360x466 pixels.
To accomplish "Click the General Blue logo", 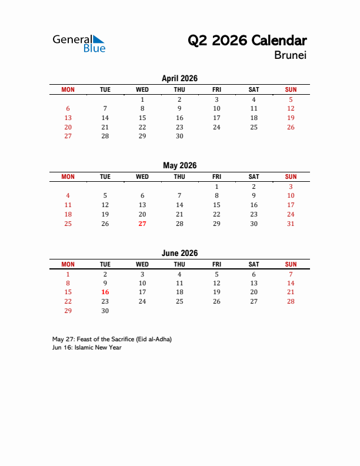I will click(79, 44).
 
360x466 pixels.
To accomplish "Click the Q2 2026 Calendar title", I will click(247, 41).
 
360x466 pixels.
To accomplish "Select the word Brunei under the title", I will click(290, 56).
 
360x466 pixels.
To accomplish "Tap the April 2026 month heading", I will click(179, 78).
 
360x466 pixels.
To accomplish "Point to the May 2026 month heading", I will click(179, 165).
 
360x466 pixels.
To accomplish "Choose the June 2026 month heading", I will click(179, 253).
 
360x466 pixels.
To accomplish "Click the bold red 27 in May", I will click(142, 224).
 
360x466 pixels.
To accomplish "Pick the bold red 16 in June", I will click(105, 292).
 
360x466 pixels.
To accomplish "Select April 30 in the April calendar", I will click(179, 136).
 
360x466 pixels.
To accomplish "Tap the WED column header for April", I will click(142, 89).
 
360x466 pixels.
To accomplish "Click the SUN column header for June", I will click(291, 264).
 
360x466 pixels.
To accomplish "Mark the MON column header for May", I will click(68, 177).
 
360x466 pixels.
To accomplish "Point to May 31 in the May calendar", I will click(291, 224).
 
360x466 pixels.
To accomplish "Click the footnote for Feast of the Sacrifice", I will click(112, 339).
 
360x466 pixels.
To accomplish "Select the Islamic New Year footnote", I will click(86, 347).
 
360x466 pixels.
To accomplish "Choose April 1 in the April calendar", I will click(142, 99).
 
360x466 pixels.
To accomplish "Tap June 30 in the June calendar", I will click(105, 311).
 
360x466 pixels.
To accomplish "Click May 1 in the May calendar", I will click(216, 187).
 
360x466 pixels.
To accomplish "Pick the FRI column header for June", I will click(216, 264).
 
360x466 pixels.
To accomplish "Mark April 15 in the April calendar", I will click(142, 118).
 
